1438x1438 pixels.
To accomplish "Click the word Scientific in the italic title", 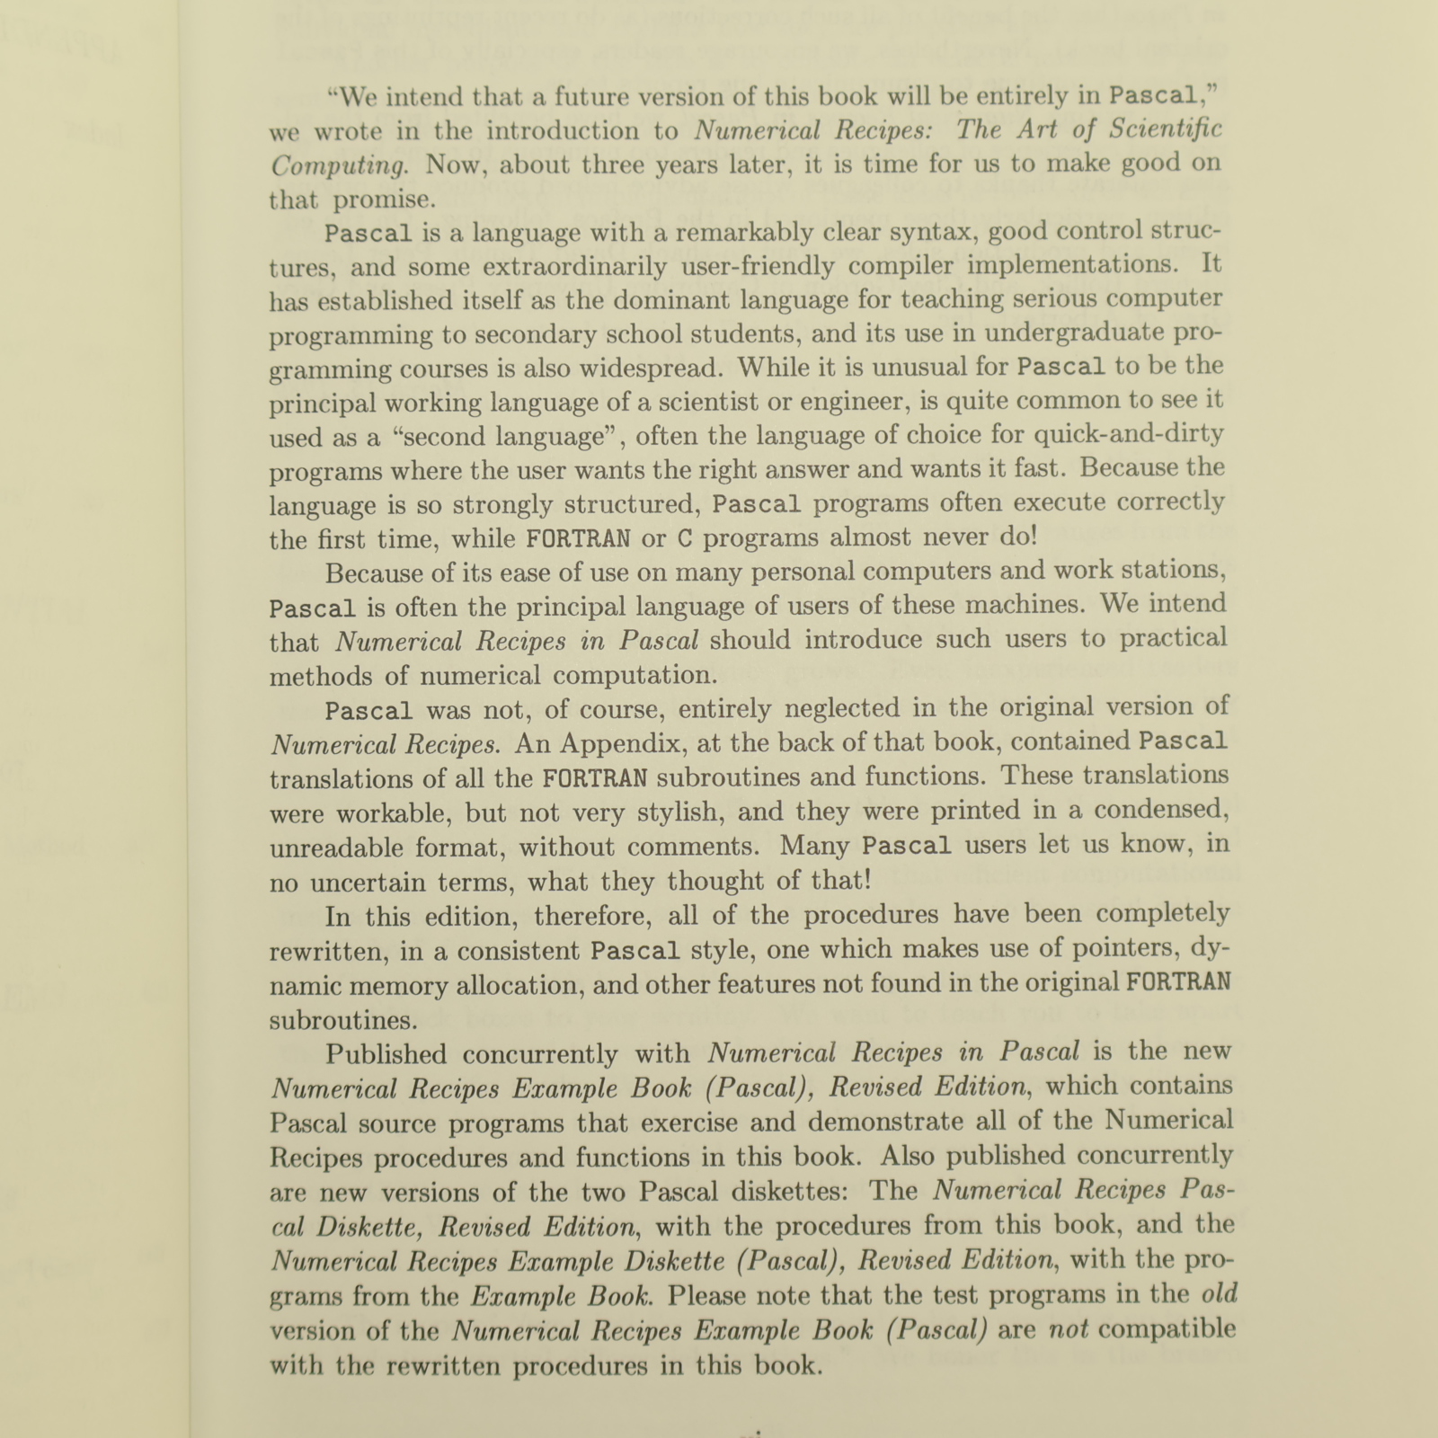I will pos(1166,130).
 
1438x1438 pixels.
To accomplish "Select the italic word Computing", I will pos(340,166).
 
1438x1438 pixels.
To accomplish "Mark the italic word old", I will pos(1219,1295).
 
